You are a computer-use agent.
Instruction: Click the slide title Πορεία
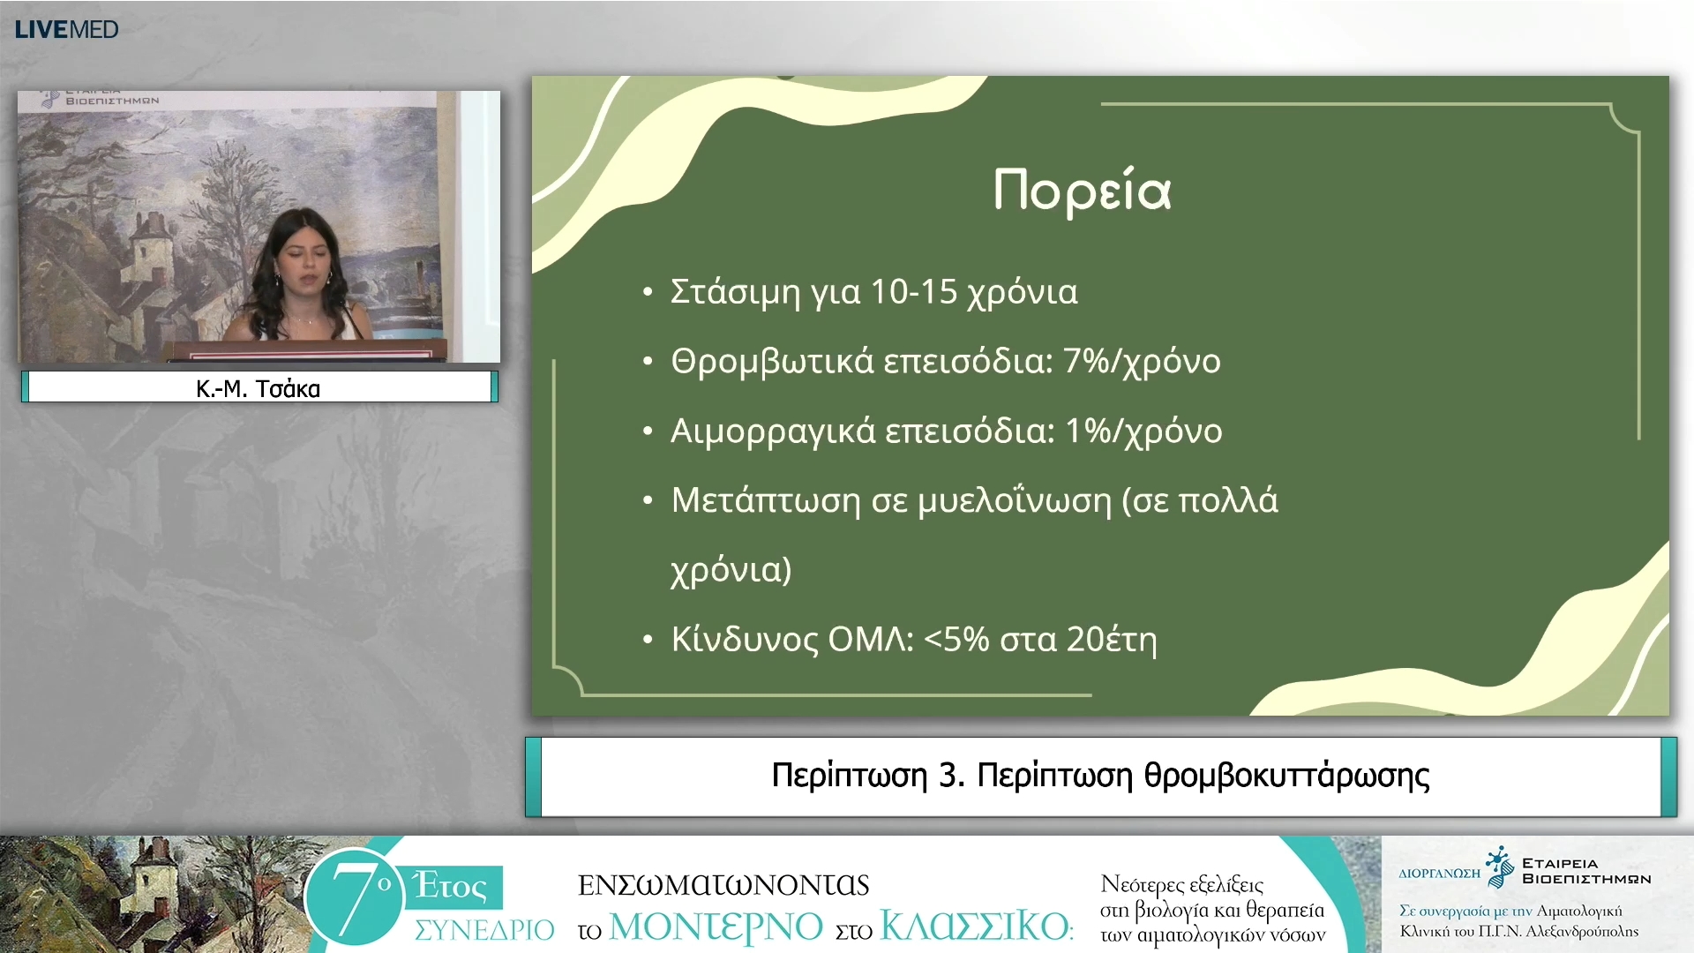coord(1082,191)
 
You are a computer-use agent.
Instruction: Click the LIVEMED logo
coord(66,29)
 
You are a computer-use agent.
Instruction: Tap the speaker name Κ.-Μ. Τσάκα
coord(258,388)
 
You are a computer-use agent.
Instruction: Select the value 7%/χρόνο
coord(1142,361)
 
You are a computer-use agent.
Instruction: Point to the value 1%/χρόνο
coord(1143,431)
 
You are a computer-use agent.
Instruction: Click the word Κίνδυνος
coord(745,639)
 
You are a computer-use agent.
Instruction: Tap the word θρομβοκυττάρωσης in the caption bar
coord(1286,776)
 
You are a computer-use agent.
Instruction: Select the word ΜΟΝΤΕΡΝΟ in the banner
coord(716,927)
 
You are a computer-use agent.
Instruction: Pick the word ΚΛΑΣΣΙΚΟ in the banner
coord(975,927)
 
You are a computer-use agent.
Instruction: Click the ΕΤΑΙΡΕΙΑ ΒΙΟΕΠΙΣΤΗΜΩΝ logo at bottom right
coord(1570,870)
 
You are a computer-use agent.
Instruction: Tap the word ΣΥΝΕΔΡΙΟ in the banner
coord(483,929)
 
